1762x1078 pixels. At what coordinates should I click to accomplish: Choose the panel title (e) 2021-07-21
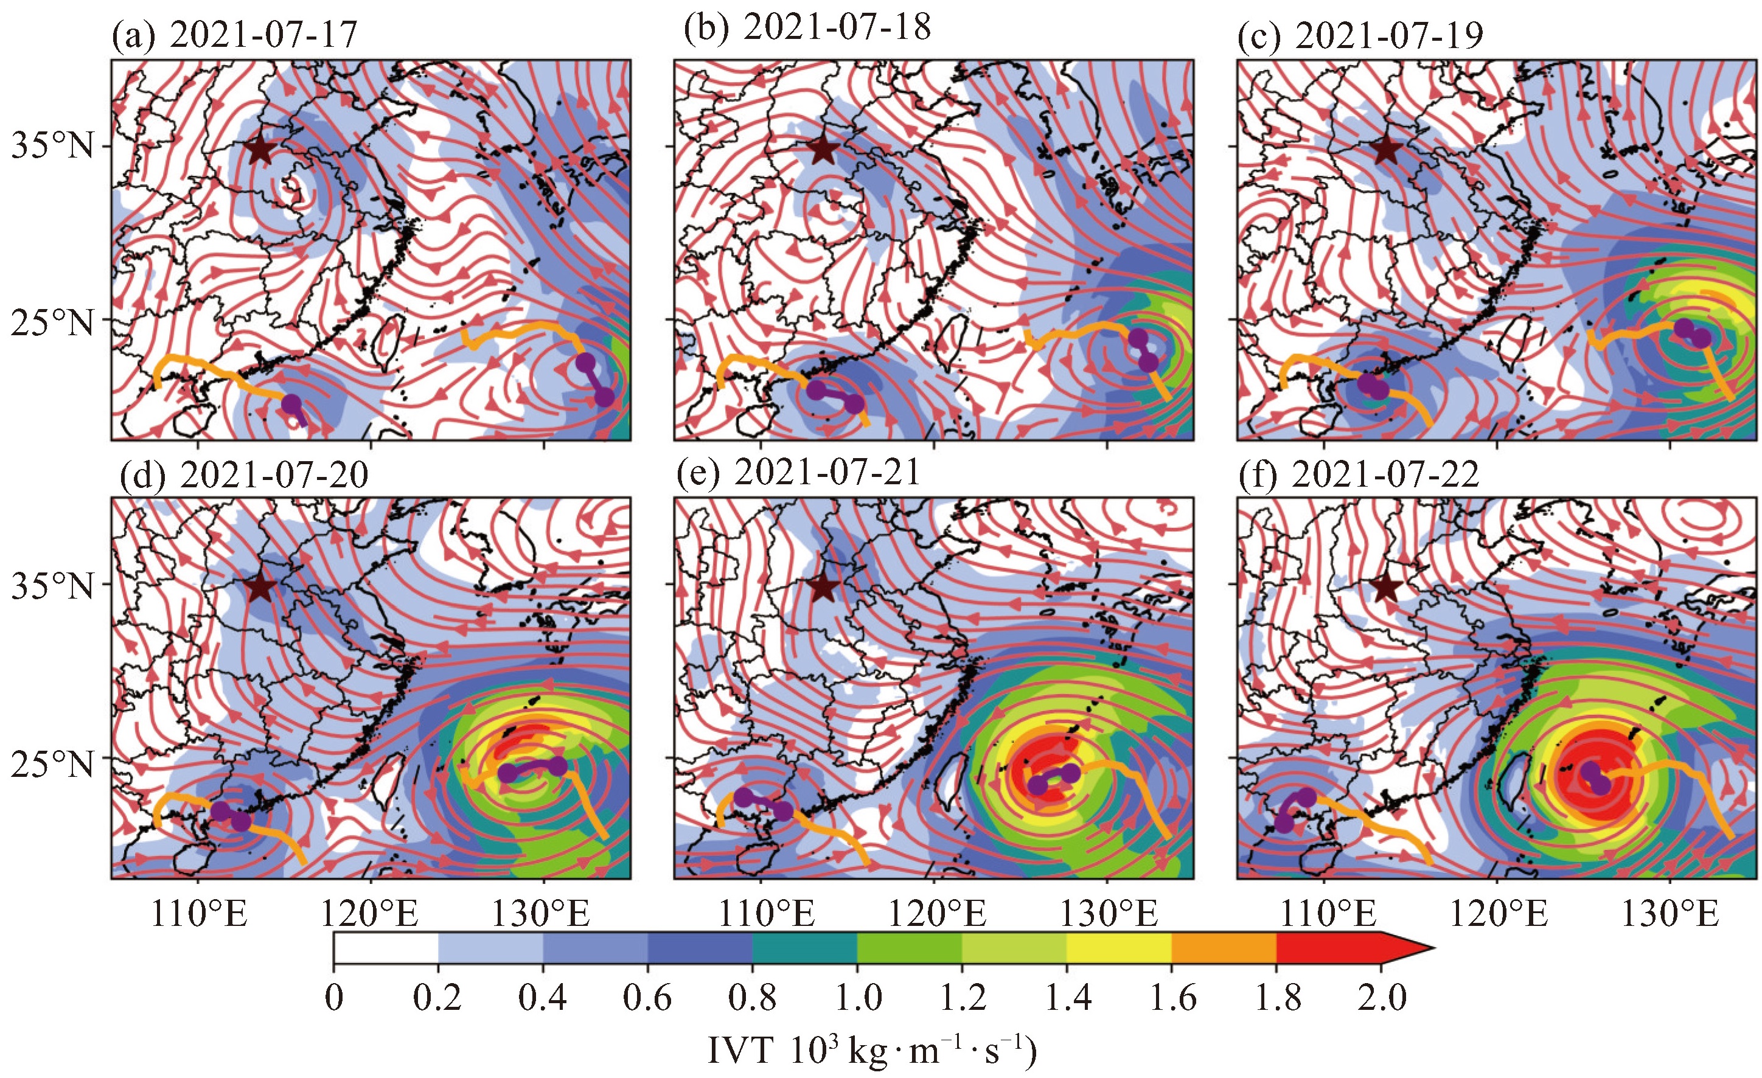click(x=798, y=473)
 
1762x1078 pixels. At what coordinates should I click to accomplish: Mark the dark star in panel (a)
click(x=260, y=150)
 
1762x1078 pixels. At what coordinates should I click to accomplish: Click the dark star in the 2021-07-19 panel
click(x=1387, y=150)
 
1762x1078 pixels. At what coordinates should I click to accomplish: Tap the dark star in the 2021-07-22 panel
click(x=1387, y=588)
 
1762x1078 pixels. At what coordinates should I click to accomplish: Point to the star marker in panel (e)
click(x=824, y=588)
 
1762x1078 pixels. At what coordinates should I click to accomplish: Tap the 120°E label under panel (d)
click(x=370, y=914)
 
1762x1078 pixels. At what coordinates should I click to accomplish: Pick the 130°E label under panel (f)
click(x=1670, y=914)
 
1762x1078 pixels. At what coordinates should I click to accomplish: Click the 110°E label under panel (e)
click(x=767, y=914)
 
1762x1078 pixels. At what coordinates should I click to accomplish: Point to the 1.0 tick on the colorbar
click(x=857, y=998)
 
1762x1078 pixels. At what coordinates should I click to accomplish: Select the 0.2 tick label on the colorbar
click(x=437, y=998)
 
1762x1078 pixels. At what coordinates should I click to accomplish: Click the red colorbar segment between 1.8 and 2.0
click(x=1329, y=948)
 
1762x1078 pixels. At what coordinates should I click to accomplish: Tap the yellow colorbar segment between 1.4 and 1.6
click(x=1119, y=948)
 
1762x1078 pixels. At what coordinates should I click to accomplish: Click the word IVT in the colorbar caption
click(x=740, y=1051)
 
